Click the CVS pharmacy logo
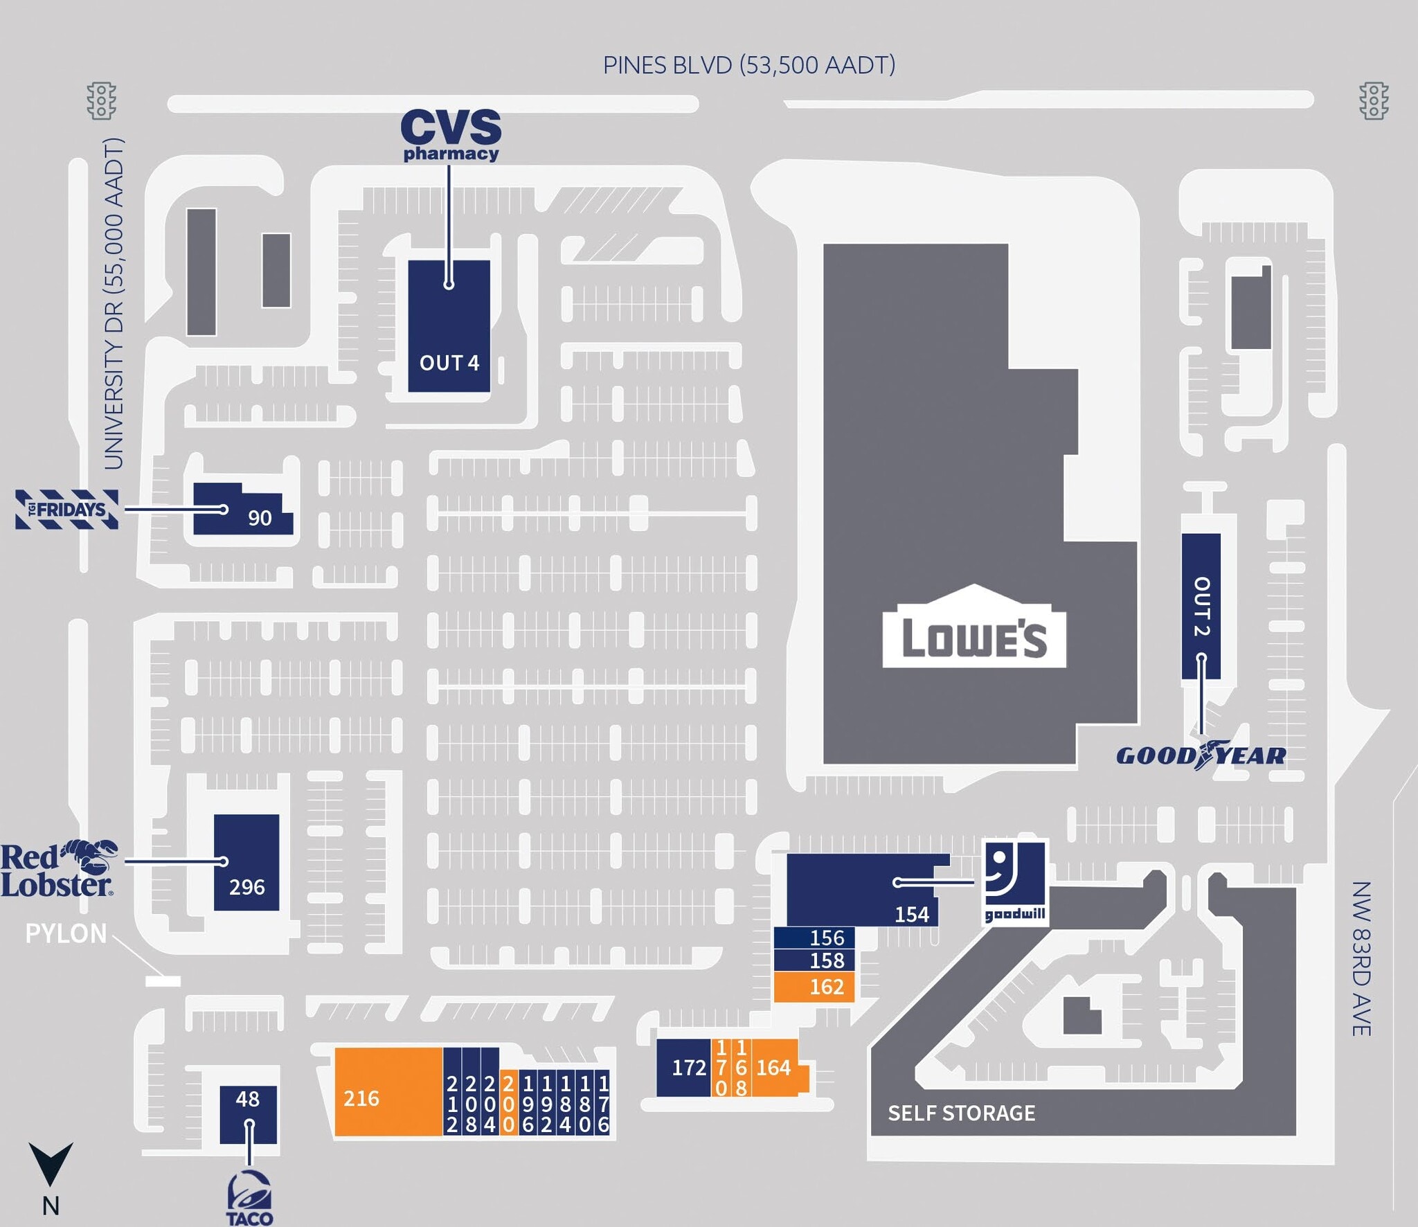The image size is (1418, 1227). [x=451, y=135]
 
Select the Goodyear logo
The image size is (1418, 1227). [x=1201, y=755]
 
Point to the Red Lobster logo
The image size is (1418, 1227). [x=58, y=870]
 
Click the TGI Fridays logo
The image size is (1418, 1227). [x=67, y=510]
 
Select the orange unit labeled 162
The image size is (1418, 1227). [x=815, y=987]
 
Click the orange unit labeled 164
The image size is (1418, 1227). [x=774, y=1068]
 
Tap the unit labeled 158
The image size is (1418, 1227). [x=815, y=960]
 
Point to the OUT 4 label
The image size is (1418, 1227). [x=449, y=363]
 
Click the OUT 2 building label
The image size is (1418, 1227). [x=1201, y=606]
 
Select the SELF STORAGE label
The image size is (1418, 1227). [x=962, y=1113]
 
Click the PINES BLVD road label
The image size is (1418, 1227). [x=749, y=65]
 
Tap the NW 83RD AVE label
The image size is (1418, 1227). [x=1361, y=958]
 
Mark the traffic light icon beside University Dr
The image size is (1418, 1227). [x=102, y=101]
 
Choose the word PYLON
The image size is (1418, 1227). [x=66, y=933]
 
